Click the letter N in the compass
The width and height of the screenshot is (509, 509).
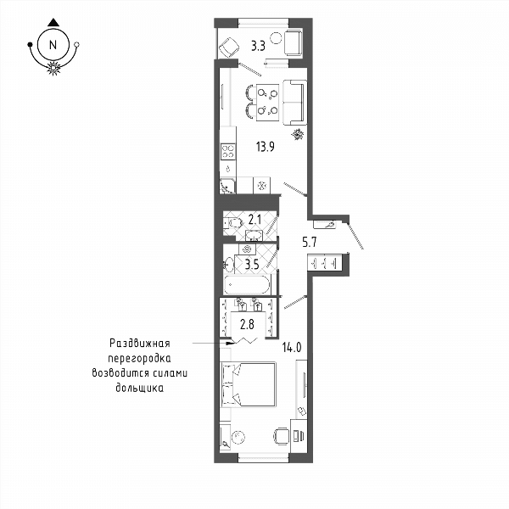pos(53,44)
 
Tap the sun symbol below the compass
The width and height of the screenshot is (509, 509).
pos(53,68)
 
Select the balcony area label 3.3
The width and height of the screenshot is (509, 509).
pos(259,47)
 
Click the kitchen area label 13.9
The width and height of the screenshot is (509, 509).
pos(266,147)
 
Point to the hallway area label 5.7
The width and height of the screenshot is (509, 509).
pos(310,242)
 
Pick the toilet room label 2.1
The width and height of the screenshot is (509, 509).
pos(255,220)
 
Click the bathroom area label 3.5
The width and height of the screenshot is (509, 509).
pos(252,265)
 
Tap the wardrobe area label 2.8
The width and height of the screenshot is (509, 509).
pos(247,324)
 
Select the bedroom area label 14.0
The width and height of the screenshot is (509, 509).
pos(292,348)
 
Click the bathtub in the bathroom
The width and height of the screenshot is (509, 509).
pos(247,285)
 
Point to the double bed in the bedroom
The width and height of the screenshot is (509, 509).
pos(249,384)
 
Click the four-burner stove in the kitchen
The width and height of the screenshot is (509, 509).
pos(228,152)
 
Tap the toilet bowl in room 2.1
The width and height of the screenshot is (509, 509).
pos(234,223)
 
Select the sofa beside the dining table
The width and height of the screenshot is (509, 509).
pos(294,103)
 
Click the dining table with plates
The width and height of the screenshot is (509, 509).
pos(267,103)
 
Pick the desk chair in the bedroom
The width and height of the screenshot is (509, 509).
pos(281,436)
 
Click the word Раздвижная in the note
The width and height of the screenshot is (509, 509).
pos(140,343)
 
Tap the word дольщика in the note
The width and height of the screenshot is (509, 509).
pos(140,388)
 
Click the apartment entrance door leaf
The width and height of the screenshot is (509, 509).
pos(355,236)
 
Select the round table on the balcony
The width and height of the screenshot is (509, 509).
pos(277,38)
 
